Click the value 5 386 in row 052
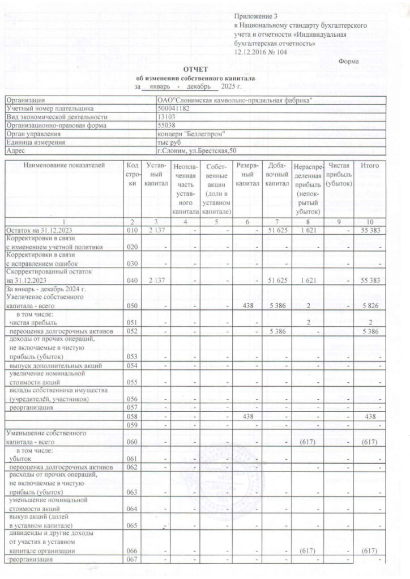click(x=278, y=330)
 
